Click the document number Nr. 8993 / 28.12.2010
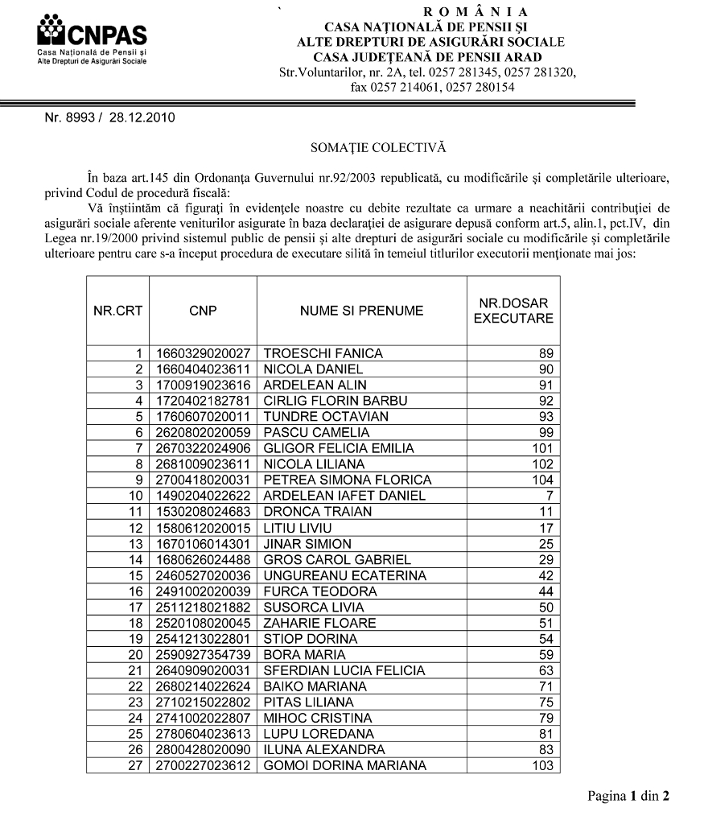[x=109, y=119]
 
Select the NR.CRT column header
[x=117, y=311]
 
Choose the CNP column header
[x=203, y=311]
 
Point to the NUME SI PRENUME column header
[x=361, y=311]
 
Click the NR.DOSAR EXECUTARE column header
[x=513, y=311]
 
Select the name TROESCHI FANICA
[x=323, y=353]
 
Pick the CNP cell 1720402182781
[x=203, y=401]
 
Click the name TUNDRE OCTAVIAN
[x=326, y=416]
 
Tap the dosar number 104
[x=543, y=480]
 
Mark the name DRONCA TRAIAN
[x=318, y=512]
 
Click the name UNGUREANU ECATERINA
[x=345, y=575]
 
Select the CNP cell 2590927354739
[x=203, y=654]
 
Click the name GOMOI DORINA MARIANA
[x=345, y=765]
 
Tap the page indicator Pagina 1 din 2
[x=628, y=797]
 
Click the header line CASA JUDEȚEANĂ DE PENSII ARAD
[x=426, y=56]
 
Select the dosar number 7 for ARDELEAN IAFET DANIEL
[x=549, y=496]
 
